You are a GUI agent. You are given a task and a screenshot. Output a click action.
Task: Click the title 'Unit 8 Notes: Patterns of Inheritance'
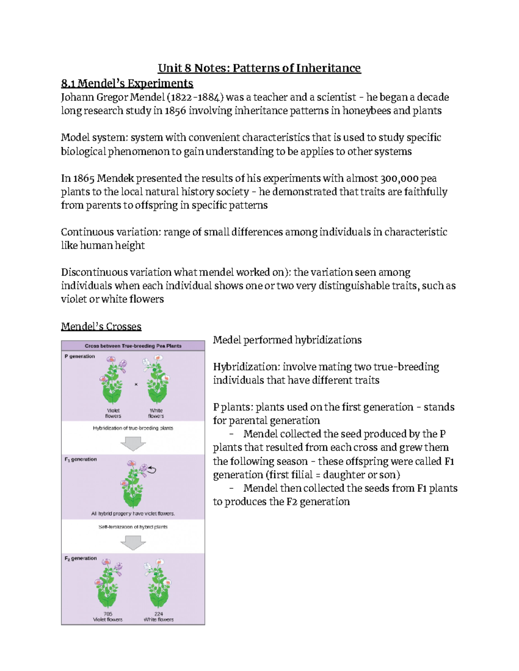(x=259, y=68)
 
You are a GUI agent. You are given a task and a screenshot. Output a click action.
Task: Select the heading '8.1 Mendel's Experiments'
(x=127, y=83)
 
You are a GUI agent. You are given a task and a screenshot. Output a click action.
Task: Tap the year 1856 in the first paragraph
(x=175, y=111)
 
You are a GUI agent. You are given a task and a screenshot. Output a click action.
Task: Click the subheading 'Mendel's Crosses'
(x=101, y=326)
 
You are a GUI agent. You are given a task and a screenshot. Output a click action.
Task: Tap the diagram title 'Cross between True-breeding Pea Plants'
(x=133, y=346)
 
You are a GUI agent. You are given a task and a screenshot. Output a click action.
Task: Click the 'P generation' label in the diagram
(x=80, y=356)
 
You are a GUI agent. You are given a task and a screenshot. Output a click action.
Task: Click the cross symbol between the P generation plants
(x=136, y=384)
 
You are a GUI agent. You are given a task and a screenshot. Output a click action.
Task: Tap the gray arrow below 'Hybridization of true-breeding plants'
(x=133, y=443)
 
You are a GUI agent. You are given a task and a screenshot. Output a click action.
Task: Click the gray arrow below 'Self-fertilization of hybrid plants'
(x=133, y=542)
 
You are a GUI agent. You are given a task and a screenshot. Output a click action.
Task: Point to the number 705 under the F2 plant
(x=108, y=614)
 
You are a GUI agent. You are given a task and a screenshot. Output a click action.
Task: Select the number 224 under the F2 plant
(x=159, y=614)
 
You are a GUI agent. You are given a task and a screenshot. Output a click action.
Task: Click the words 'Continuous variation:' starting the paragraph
(x=111, y=232)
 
